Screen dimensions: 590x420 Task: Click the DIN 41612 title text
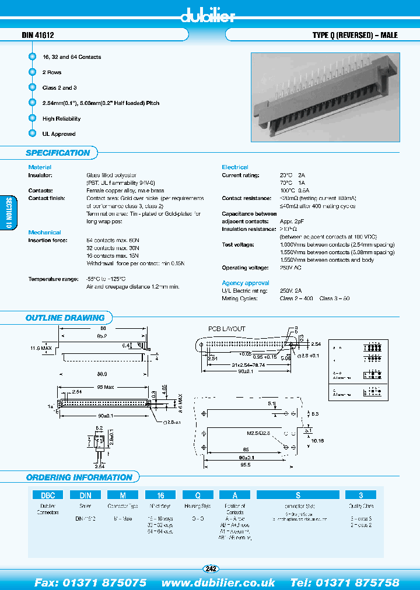click(x=38, y=36)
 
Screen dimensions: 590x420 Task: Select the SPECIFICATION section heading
click(x=58, y=153)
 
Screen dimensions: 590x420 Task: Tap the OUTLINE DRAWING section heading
click(x=65, y=318)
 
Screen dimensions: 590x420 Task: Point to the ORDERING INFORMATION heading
click(x=79, y=477)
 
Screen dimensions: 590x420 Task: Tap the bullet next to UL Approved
click(x=32, y=134)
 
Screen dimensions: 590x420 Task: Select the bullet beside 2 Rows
click(x=32, y=72)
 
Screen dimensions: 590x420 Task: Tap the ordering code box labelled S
click(x=297, y=495)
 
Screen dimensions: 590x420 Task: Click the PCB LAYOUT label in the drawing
click(x=227, y=329)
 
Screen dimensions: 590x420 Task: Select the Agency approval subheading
click(x=246, y=283)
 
